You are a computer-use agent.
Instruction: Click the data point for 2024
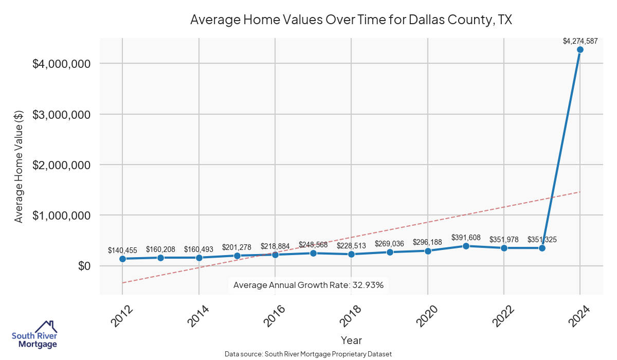(580, 50)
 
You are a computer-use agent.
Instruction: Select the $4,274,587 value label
(580, 41)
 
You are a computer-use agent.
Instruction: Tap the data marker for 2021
(466, 246)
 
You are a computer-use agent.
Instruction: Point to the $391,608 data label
(466, 238)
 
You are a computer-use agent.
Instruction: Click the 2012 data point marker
(123, 259)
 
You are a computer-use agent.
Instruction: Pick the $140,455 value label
(123, 250)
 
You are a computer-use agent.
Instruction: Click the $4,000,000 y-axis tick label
(62, 64)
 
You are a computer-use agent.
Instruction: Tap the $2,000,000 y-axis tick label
(62, 165)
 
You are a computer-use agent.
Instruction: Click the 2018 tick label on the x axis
(350, 316)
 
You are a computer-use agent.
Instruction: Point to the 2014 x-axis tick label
(197, 316)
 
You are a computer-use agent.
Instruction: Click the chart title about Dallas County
(351, 20)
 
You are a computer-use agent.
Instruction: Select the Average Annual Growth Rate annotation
(308, 285)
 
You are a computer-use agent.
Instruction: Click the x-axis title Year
(351, 340)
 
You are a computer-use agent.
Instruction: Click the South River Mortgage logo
(34, 335)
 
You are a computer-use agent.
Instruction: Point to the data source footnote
(308, 354)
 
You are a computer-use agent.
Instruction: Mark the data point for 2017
(313, 253)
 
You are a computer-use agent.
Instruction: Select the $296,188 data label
(428, 242)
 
